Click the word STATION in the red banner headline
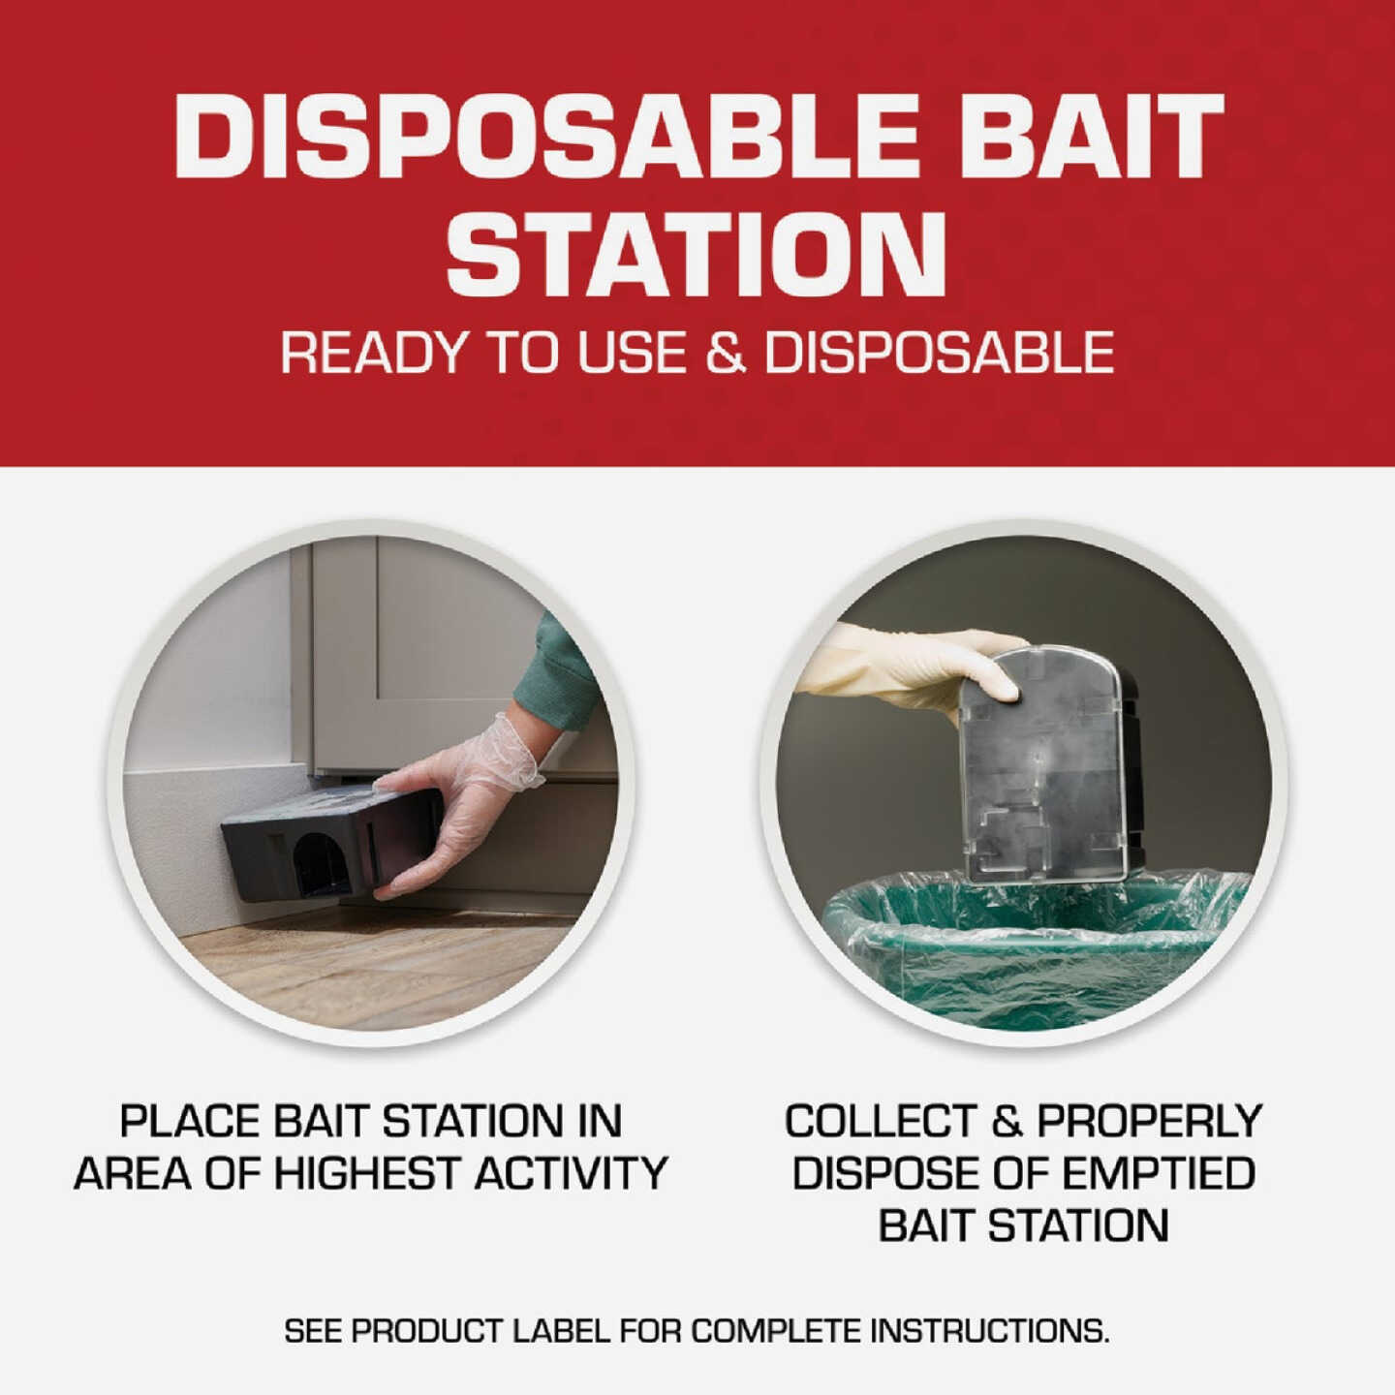[696, 254]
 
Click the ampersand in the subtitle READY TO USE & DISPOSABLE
[726, 353]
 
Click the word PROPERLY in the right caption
[1149, 1122]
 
